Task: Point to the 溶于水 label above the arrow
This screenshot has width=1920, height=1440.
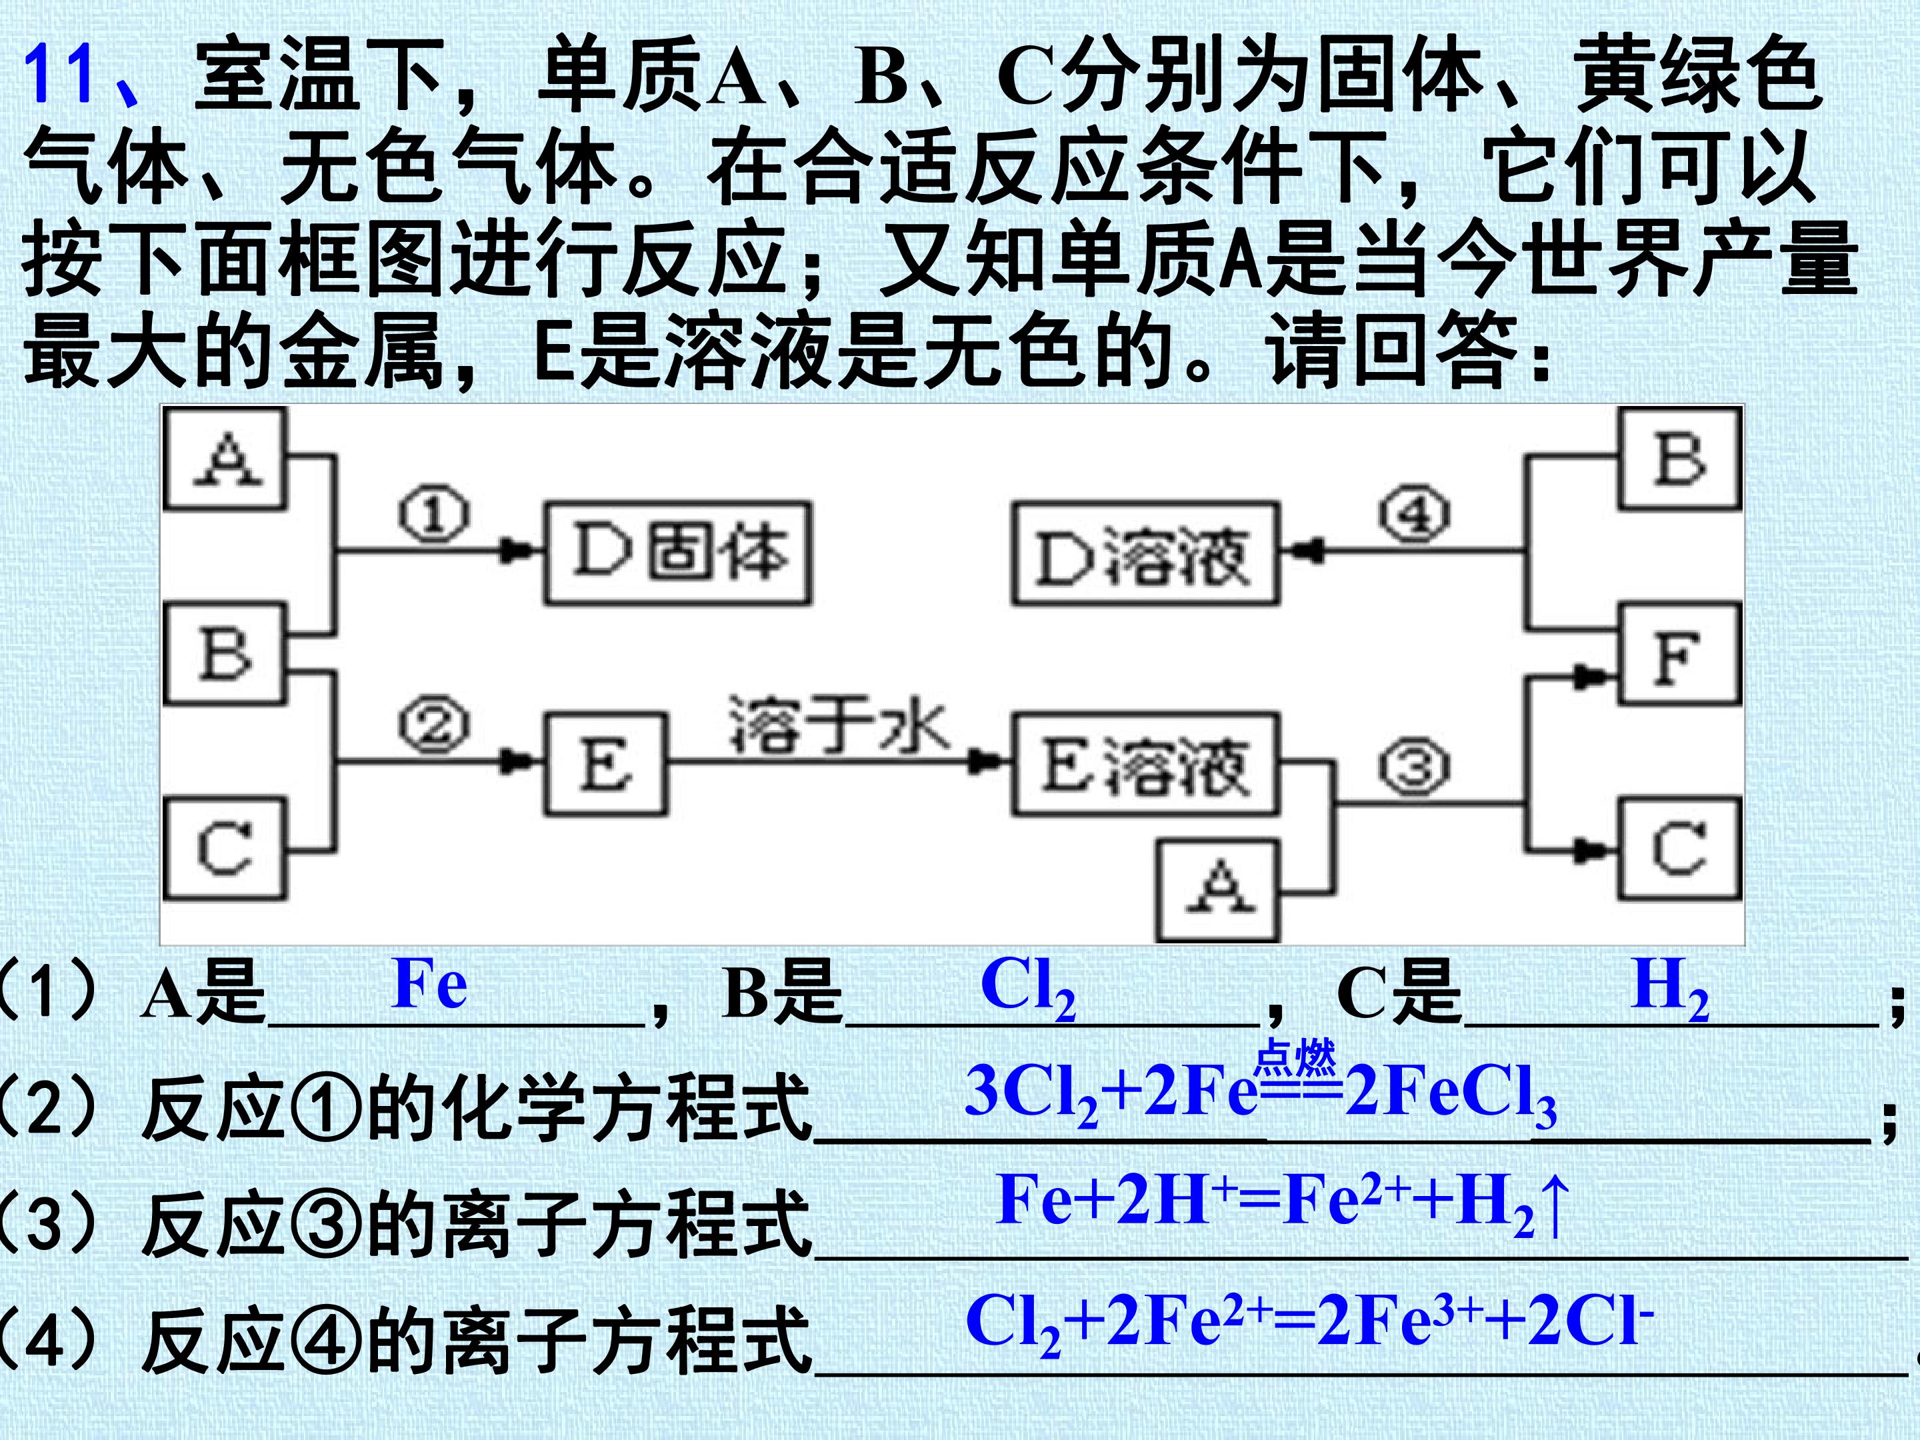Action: point(839,721)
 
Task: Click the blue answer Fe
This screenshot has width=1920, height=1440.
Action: point(429,984)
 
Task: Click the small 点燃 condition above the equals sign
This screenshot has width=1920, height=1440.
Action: point(1296,1058)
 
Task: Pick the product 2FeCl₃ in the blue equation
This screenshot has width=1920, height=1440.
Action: point(1449,1095)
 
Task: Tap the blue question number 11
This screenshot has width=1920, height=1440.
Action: point(59,74)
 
